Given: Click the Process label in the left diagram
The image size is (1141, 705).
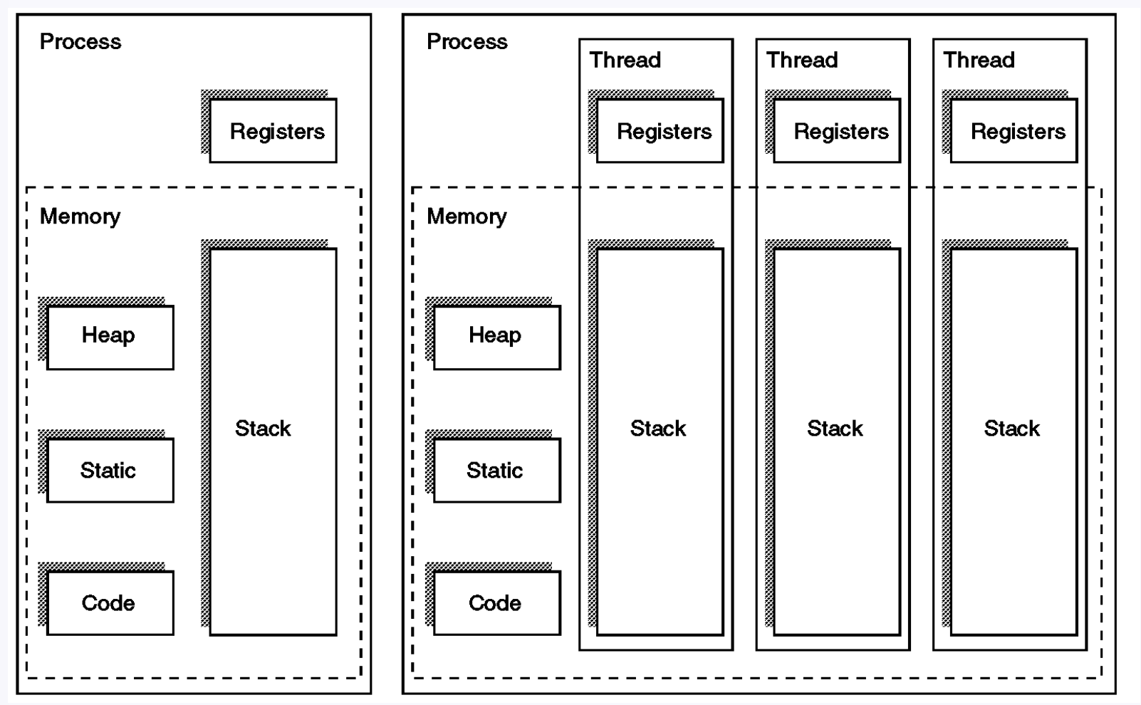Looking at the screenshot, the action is pos(80,42).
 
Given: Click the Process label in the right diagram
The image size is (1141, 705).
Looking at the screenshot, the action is pos(467,42).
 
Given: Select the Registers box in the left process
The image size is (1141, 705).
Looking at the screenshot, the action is pos(273,131).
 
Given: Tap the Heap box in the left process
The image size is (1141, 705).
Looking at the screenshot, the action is pos(110,338).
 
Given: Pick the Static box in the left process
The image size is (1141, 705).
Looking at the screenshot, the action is pos(110,470).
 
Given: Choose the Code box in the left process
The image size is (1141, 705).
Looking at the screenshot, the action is pos(110,603).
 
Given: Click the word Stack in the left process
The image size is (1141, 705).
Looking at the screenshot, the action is pos(263,429).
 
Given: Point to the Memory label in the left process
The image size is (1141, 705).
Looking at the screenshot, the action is pos(80,216).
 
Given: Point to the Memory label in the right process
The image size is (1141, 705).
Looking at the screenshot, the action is pos(467,216).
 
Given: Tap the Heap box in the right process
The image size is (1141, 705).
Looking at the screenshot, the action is pos(497,338).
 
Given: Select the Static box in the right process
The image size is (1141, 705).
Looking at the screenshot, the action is pos(497,470).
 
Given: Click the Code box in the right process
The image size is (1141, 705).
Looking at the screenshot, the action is pos(497,603).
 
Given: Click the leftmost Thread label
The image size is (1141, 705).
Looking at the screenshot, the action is pos(625,60).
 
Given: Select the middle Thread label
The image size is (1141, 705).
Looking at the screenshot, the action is pos(802,60).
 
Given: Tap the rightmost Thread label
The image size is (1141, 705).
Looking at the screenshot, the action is pos(979,60).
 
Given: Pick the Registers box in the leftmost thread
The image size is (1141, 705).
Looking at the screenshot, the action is pos(660,131).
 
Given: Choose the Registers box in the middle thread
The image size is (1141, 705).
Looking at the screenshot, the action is pos(837,131).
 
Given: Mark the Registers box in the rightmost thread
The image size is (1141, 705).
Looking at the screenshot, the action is pos(1014,131).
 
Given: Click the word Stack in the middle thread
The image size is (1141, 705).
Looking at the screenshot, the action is pos(835,429).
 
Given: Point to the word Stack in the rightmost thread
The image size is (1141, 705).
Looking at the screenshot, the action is pos(1011,429).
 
